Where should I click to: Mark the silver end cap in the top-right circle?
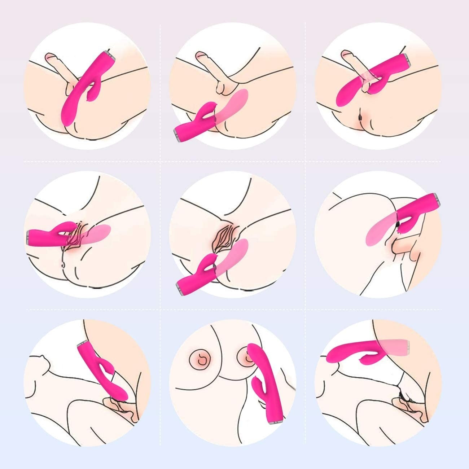click(x=406, y=58)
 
